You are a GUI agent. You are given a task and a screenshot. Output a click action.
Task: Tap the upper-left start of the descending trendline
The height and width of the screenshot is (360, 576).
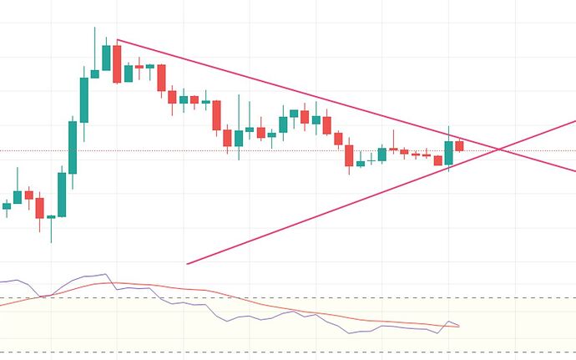pyautogui.click(x=118, y=40)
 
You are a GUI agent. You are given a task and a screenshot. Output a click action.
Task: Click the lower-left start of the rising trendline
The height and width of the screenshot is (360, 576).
pyautogui.click(x=187, y=264)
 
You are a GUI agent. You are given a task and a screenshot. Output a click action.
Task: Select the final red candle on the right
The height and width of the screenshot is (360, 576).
pyautogui.click(x=459, y=145)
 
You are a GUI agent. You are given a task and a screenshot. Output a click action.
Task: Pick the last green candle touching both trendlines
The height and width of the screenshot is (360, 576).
pyautogui.click(x=448, y=152)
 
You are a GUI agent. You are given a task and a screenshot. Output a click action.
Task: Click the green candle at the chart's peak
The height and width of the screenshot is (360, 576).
pyautogui.click(x=106, y=58)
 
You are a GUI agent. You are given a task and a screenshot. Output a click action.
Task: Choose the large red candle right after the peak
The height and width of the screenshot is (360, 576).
pyautogui.click(x=117, y=63)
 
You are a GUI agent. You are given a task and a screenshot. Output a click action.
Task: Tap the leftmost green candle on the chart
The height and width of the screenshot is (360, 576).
pyautogui.click(x=7, y=205)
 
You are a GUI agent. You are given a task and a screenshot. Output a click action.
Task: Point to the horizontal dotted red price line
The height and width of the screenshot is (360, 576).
pyautogui.click(x=250, y=151)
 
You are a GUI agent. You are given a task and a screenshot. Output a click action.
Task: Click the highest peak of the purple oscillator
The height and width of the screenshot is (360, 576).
pyautogui.click(x=105, y=274)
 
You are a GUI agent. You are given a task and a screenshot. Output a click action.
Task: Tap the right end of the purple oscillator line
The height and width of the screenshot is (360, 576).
pyautogui.click(x=459, y=325)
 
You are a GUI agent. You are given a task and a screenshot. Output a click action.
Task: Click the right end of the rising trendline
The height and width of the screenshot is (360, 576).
pyautogui.click(x=574, y=121)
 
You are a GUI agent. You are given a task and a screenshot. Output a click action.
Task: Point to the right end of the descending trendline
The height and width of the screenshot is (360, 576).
pyautogui.click(x=574, y=170)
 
